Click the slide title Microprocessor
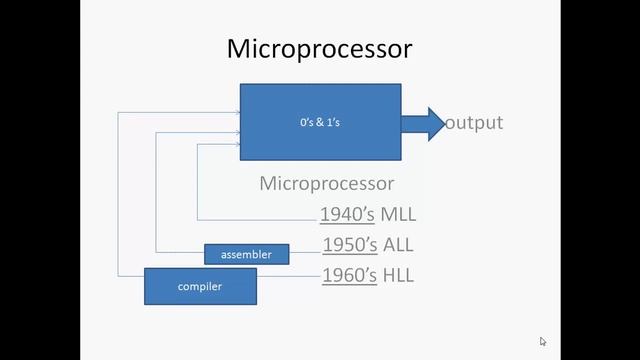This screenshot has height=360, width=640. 319,48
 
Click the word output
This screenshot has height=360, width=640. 474,123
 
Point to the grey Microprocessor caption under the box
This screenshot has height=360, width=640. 326,184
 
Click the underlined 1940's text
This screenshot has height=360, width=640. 347,215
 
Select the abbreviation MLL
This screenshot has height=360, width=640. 398,215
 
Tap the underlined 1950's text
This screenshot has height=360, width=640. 349,245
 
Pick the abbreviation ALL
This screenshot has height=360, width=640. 397,245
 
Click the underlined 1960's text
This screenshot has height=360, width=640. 349,275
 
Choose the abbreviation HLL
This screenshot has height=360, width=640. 397,275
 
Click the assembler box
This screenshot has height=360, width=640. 246,254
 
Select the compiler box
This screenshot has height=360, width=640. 200,286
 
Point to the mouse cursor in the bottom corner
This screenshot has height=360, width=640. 543,341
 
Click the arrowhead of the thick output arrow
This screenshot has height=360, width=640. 437,123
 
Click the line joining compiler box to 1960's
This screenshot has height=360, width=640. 289,275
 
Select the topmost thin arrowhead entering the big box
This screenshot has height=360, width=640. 236,111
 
